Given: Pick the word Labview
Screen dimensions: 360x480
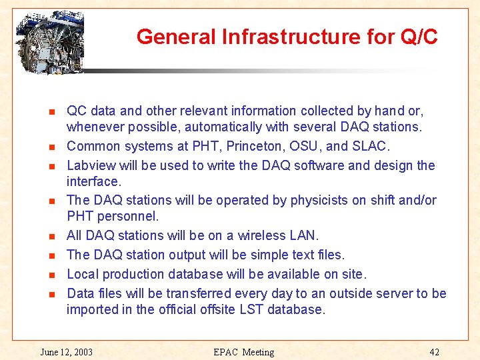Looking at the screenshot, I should pos(90,166).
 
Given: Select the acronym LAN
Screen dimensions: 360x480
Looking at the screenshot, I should pos(305,236).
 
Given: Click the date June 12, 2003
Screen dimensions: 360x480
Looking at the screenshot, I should pos(66,352).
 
